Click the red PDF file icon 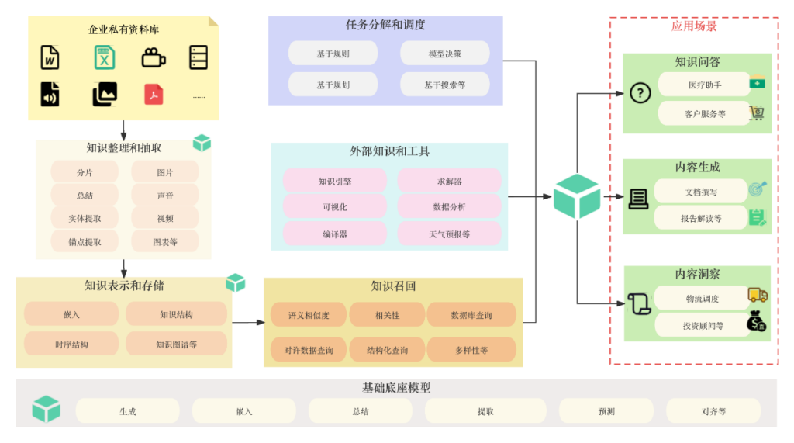coord(154,94)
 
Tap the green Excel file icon coord(105,57)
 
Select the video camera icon coord(154,57)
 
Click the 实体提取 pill coord(85,219)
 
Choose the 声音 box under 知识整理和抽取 coord(164,196)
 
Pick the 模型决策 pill coord(444,54)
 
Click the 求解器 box coord(449,182)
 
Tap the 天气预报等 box coord(449,234)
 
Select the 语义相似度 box coord(309,316)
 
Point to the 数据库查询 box coord(471,316)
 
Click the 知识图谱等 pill coord(176,344)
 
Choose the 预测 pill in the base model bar coord(606,411)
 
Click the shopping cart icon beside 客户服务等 coord(757,113)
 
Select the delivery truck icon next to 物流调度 coord(758,296)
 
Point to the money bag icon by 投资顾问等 coord(757,321)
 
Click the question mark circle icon coord(640,93)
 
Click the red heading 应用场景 coord(694,26)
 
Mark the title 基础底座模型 coord(396,388)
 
